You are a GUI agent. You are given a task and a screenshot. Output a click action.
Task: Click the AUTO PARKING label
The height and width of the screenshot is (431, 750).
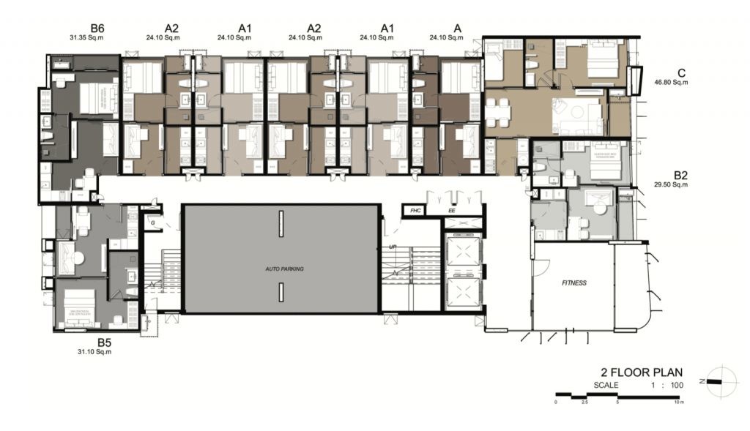click(x=284, y=269)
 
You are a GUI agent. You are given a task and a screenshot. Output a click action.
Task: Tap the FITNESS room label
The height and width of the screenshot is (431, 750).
click(x=574, y=282)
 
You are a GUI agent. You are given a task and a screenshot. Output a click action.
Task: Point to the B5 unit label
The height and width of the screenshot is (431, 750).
click(x=104, y=342)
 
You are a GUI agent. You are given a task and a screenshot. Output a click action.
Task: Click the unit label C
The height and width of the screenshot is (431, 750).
click(x=681, y=72)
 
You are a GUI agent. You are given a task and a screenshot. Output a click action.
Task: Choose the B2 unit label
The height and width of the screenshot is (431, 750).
click(x=680, y=175)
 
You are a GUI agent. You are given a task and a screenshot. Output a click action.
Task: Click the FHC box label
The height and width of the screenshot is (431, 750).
click(x=415, y=211)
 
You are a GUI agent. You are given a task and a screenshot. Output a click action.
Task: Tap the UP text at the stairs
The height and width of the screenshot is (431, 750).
click(x=393, y=247)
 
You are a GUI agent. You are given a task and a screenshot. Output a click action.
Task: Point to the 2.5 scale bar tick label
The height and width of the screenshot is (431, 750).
click(x=585, y=402)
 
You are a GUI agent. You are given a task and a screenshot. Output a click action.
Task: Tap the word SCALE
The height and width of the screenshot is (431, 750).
click(x=606, y=385)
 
